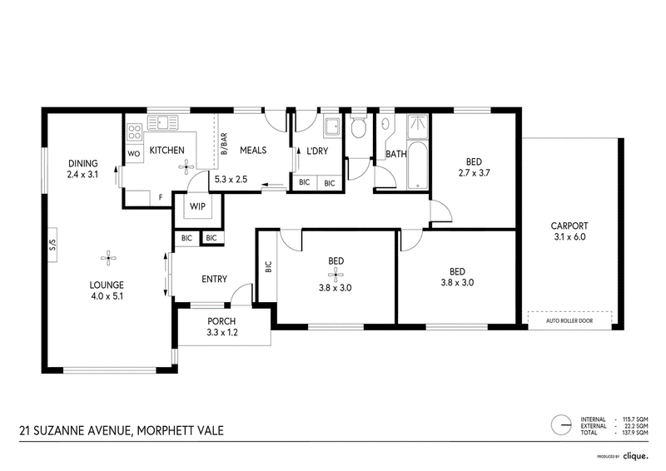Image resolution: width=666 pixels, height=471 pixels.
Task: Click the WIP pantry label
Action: tap(197, 206)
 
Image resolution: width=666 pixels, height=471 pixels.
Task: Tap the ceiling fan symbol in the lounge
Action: tap(109, 257)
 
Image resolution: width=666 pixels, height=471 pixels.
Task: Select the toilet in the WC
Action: tap(359, 125)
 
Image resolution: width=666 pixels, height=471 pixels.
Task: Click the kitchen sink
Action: tap(162, 122)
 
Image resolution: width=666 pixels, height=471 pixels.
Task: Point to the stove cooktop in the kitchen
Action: tap(135, 131)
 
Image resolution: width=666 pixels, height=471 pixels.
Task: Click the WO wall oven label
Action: tap(133, 154)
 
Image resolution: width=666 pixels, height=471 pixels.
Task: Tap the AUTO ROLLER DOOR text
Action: tap(569, 320)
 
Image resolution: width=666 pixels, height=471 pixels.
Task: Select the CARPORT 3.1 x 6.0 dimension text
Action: tap(569, 231)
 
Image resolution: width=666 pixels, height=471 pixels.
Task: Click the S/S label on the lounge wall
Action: tap(52, 245)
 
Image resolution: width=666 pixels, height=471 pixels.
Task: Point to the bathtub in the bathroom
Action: tap(419, 166)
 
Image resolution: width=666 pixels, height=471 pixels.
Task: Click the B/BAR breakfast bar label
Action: tap(224, 144)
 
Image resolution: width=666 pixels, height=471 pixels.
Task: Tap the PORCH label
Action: tap(221, 321)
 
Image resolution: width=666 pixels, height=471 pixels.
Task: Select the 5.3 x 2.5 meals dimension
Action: tap(231, 179)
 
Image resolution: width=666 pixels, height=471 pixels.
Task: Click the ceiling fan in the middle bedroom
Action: tap(335, 275)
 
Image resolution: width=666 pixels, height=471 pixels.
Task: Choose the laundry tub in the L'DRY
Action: tap(332, 126)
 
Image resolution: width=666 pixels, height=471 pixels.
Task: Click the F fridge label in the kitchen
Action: tap(161, 197)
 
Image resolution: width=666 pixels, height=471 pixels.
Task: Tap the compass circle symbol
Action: tap(561, 424)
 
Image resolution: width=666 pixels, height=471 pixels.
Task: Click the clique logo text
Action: tap(635, 457)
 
